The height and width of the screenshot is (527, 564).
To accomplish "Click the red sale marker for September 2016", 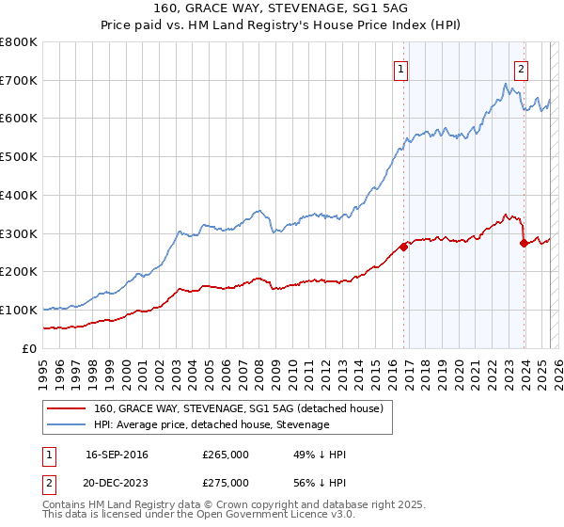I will click(x=403, y=247).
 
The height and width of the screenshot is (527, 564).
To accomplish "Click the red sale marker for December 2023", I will click(x=524, y=243).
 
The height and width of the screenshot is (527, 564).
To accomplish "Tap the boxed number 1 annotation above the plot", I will click(x=401, y=68).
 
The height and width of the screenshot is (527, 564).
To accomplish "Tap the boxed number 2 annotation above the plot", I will click(x=521, y=68).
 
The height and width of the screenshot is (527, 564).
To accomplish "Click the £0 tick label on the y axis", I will click(x=28, y=348).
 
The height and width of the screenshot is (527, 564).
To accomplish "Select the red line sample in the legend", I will click(x=67, y=409).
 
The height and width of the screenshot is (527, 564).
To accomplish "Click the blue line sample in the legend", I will click(x=67, y=424).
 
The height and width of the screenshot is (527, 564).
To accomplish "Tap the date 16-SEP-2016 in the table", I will click(x=117, y=455).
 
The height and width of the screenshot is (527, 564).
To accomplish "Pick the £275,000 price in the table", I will click(x=226, y=482).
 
